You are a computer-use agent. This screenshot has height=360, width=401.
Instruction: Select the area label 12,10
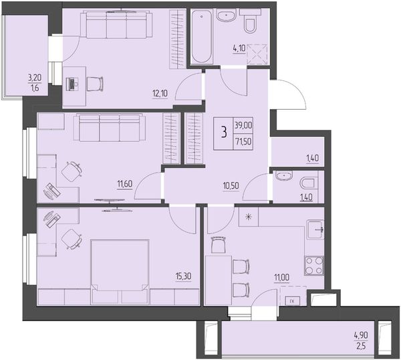[160, 94]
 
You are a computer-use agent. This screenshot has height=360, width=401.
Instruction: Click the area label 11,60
[125, 184]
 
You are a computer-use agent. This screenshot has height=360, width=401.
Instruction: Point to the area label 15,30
[183, 276]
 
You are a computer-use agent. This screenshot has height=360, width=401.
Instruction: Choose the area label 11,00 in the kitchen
[281, 277]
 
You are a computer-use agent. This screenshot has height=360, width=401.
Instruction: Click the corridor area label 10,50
[231, 186]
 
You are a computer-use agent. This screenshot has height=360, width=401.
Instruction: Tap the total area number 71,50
[243, 141]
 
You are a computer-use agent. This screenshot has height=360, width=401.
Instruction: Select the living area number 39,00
[243, 125]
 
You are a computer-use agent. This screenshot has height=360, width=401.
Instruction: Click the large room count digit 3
[224, 133]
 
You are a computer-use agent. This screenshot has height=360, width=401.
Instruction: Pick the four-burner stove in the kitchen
[314, 266]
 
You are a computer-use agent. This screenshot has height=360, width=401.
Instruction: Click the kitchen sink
[315, 230]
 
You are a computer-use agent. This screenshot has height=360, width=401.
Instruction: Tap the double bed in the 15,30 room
[120, 272]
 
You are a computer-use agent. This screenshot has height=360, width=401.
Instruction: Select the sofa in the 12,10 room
[116, 25]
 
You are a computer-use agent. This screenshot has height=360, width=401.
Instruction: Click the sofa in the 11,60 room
[110, 128]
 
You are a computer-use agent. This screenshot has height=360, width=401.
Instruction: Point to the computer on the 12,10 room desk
[72, 84]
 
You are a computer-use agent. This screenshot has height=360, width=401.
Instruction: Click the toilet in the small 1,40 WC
[307, 183]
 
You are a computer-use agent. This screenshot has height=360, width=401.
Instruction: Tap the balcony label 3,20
[35, 78]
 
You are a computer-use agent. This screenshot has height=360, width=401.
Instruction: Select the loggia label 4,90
[361, 335]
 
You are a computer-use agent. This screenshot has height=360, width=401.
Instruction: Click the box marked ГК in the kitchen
[292, 302]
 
